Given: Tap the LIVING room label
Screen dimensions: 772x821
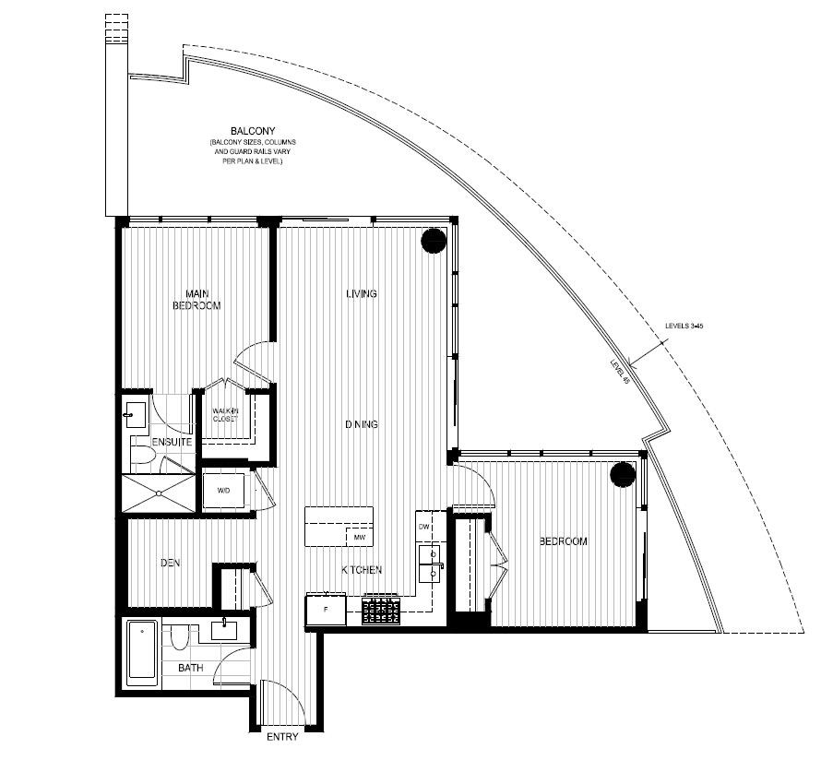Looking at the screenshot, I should click(x=362, y=294).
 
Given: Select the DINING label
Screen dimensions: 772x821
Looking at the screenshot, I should click(x=362, y=424).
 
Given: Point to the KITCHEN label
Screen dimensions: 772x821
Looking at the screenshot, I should click(x=362, y=570).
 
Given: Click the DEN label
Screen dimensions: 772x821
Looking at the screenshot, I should click(x=169, y=563).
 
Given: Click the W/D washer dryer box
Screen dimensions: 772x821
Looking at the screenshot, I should click(x=224, y=490).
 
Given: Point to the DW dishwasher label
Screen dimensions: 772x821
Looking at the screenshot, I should click(x=424, y=526).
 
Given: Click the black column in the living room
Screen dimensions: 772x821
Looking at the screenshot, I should click(x=434, y=241).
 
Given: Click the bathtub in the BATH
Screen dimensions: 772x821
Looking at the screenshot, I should click(x=141, y=652).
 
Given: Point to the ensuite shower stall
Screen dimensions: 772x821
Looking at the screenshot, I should click(x=159, y=492).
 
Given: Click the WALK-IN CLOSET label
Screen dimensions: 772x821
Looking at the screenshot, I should click(x=225, y=414).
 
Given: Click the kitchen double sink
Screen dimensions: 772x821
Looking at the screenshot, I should click(x=431, y=564).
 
